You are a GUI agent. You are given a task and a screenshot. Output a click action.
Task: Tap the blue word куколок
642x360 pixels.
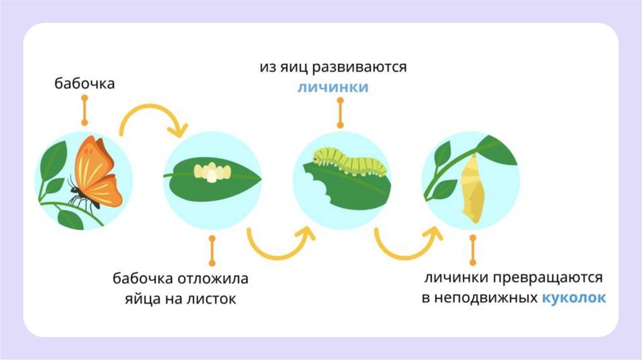pyautogui.click(x=574, y=298)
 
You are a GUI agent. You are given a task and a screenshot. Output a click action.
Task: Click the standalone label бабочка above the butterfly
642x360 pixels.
pyautogui.click(x=84, y=83)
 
